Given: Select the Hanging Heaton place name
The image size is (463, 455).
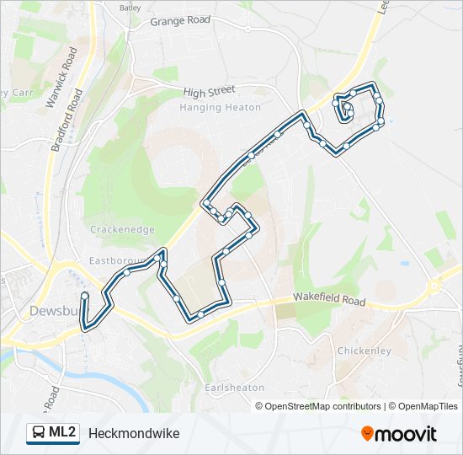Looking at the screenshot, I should point(212,107).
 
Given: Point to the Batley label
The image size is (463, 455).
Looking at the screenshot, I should point(130,8).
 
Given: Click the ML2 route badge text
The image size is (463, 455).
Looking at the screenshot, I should point(62,433).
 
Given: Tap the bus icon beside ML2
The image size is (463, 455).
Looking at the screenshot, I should point(39,433).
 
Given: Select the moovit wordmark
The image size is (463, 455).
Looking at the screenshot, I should point(407,434).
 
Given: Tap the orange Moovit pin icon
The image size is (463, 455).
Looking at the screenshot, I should point(367,434).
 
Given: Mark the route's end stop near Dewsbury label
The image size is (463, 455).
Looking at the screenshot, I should point(84,296).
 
